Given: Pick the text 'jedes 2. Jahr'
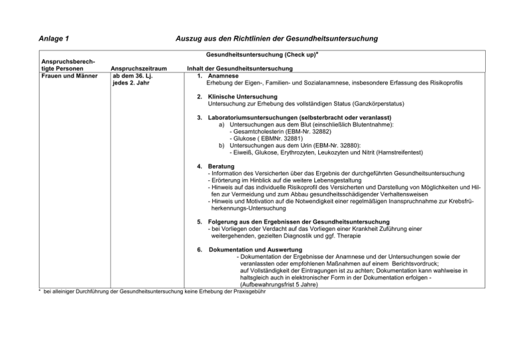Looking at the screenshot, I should pyautogui.click(x=131, y=83).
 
